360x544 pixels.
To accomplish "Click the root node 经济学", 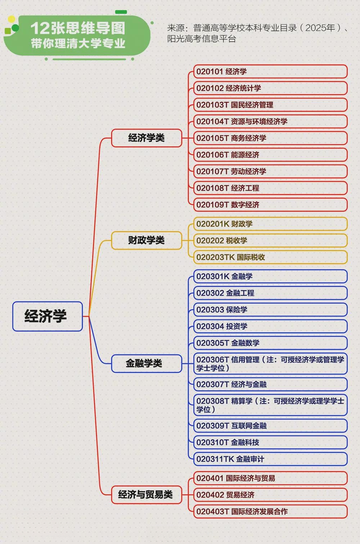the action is tap(48, 316).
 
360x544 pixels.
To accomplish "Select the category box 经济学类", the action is tap(147, 138).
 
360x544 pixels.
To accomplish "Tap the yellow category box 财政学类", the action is tap(147, 240).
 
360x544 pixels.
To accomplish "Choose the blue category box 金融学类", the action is tap(147, 364).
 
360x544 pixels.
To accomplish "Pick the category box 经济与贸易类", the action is tap(147, 495).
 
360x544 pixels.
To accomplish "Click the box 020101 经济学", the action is tap(270, 71).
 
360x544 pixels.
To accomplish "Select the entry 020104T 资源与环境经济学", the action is tap(270, 121).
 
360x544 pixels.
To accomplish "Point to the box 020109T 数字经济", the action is tap(270, 205).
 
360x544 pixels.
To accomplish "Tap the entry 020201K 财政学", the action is tap(270, 224).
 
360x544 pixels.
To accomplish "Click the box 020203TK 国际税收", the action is tap(270, 257).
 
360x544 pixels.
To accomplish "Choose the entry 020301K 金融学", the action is tap(270, 276).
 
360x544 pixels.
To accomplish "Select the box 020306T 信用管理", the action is tap(270, 364).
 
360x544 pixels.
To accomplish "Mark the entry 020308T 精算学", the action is tap(270, 405).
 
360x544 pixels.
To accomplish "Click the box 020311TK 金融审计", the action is tap(270, 459).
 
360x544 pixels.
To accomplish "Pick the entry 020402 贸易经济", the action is tap(270, 495).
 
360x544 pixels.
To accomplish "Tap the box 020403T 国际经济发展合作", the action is tap(270, 512).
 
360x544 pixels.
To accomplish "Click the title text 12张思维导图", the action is tap(78, 28).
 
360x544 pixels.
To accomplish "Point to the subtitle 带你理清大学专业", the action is tap(78, 44).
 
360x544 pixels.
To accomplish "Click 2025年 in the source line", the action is tap(320, 28).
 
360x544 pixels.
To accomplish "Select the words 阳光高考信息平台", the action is tap(202, 39).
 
